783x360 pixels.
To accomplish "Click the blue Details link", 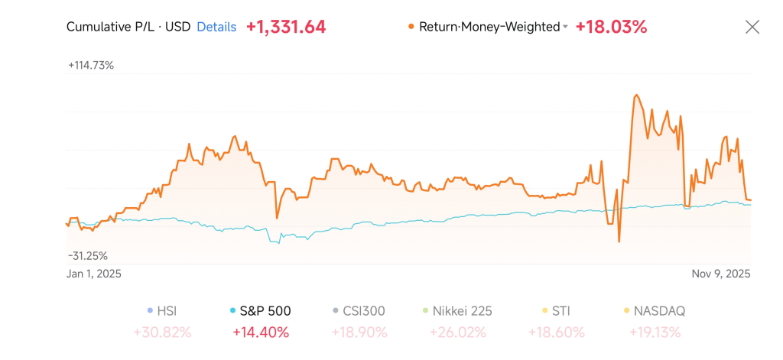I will pos(216,27).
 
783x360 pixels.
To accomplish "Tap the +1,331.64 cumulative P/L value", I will pos(286,27).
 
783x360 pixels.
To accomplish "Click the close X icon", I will pos(752,27).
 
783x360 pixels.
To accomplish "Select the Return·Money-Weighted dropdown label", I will pos(489,27).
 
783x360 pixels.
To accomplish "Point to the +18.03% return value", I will pos(611,27).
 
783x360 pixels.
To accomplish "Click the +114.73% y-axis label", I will pos(91,65).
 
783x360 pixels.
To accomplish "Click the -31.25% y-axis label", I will pos(88,255).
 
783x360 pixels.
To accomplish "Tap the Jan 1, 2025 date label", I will pos(94,274).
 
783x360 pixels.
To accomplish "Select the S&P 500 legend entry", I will pos(263,311).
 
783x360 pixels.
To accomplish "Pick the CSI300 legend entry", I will pos(363,311).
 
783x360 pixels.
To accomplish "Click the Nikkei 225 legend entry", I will pos(461,311).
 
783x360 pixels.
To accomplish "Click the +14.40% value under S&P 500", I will pos(260,332).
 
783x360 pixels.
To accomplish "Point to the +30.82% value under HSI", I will pos(162,332).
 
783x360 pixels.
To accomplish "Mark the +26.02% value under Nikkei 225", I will pos(457,332).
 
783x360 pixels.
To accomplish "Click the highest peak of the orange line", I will pos(635,96).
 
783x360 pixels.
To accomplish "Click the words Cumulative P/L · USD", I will pos(128,27).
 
